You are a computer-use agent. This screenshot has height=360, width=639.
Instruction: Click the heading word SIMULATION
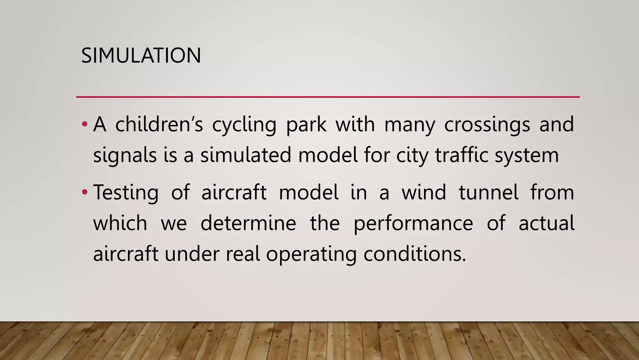click(141, 56)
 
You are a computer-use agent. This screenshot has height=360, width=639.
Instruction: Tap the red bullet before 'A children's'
click(84, 124)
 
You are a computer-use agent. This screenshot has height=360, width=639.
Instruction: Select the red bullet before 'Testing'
click(84, 192)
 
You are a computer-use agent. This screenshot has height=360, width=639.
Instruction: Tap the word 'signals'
click(125, 155)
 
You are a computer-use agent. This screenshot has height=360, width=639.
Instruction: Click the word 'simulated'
click(246, 155)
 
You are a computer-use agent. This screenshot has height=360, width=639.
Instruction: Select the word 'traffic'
click(461, 155)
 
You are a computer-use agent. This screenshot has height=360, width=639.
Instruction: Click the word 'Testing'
click(126, 192)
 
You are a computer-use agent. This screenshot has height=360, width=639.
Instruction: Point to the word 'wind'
click(424, 192)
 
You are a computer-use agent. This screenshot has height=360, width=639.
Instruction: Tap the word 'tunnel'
click(489, 192)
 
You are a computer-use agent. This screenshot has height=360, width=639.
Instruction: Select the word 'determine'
click(248, 223)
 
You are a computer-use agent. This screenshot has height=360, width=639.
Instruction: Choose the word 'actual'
click(546, 223)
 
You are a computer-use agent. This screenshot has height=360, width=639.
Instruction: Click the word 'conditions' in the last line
click(414, 253)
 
